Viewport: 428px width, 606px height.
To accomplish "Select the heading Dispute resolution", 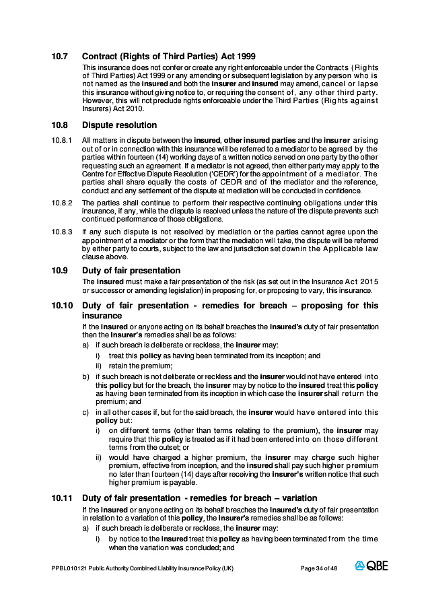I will (119, 125).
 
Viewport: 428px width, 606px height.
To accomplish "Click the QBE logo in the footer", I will (371, 566).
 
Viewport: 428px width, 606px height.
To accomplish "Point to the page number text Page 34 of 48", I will (318, 568).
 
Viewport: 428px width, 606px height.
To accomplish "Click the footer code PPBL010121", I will (69, 568).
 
